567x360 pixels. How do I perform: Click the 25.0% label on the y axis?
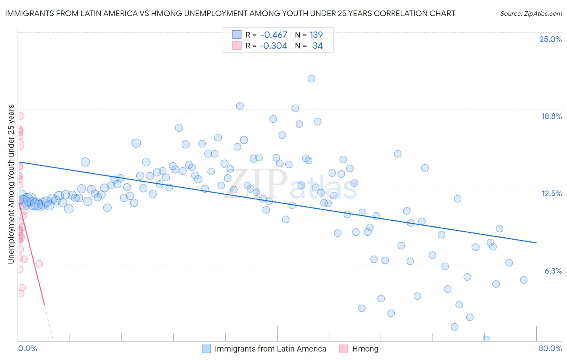(550, 39)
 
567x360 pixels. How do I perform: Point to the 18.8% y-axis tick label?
(551, 116)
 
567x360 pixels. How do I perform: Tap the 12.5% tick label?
(551, 193)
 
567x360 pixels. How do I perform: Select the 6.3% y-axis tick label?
(553, 271)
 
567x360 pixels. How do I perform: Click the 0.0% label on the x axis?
(27, 348)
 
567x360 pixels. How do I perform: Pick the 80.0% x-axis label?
(550, 348)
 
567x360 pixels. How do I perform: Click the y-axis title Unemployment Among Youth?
(11, 184)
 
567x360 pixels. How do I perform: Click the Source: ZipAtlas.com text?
(531, 13)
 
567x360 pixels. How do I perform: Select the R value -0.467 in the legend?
(274, 35)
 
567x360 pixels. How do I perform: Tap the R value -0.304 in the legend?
(273, 46)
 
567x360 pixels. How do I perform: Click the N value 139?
(316, 35)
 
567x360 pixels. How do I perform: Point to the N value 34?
(318, 46)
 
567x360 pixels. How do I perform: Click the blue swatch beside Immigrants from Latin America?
(206, 349)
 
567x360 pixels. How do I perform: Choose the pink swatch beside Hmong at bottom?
(344, 349)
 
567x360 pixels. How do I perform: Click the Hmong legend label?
(365, 349)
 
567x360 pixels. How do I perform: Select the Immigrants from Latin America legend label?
(270, 349)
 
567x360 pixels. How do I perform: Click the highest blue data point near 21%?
(311, 79)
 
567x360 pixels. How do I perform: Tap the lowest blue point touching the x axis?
(486, 339)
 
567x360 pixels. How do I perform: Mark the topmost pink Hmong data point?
(20, 116)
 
